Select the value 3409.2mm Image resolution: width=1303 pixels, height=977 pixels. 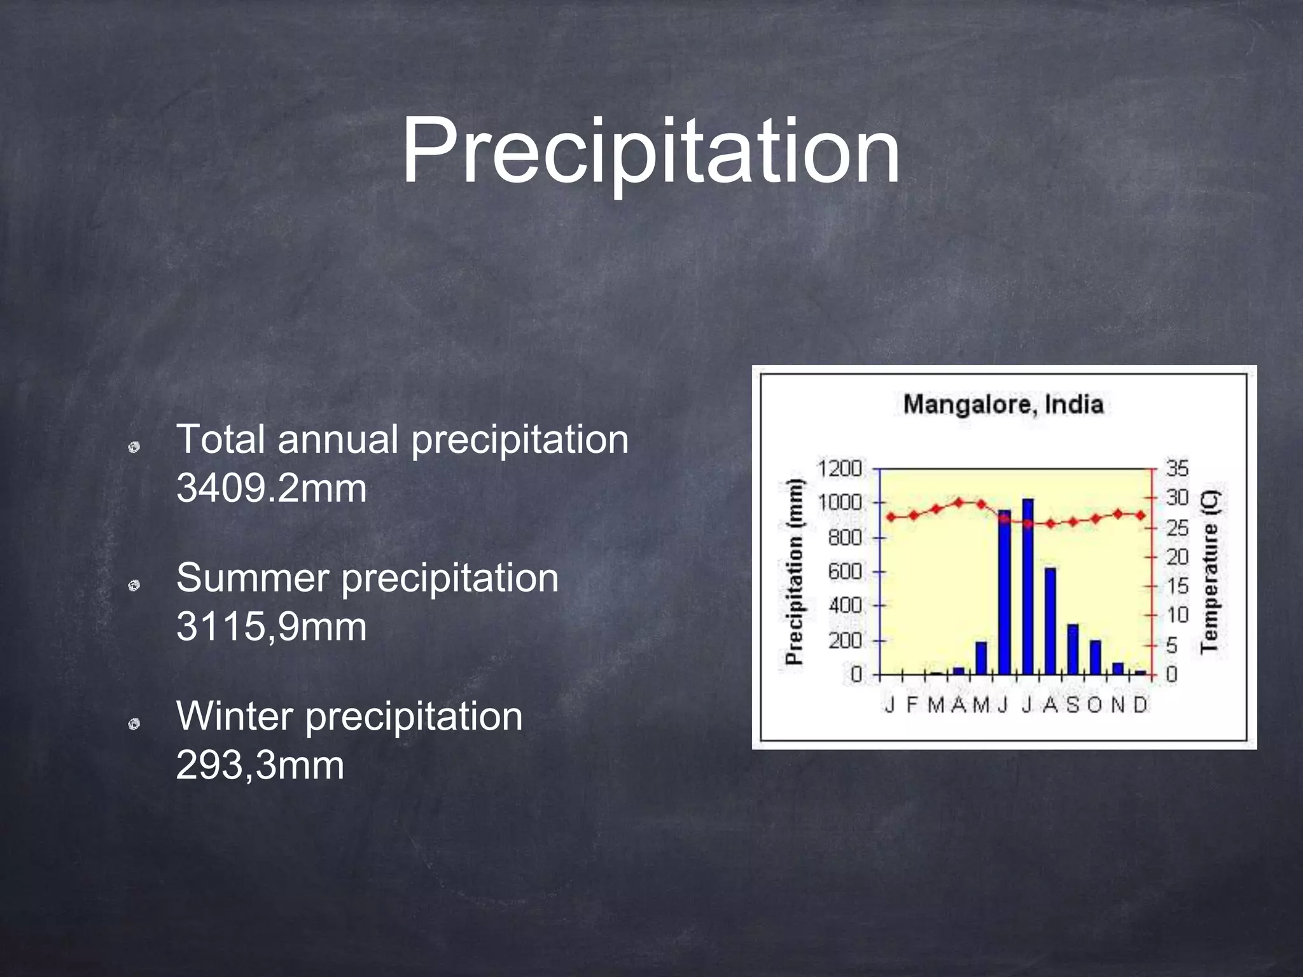pyautogui.click(x=272, y=488)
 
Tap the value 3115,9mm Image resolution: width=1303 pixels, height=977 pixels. pyautogui.click(x=272, y=627)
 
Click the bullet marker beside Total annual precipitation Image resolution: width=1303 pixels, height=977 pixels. pyautogui.click(x=134, y=448)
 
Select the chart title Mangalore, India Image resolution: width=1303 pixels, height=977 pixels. pyautogui.click(x=1003, y=405)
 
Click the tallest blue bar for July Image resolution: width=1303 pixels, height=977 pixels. pyautogui.click(x=1028, y=586)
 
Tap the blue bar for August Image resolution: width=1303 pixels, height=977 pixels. pyautogui.click(x=1050, y=621)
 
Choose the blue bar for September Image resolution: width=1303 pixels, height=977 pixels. pyautogui.click(x=1073, y=649)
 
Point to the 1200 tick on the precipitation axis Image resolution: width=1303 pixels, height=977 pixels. pyautogui.click(x=839, y=469)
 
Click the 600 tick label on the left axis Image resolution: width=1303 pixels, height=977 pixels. pyautogui.click(x=845, y=572)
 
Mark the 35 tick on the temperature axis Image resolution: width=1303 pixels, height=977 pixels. pyautogui.click(x=1177, y=469)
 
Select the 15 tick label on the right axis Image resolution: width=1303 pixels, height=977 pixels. pyautogui.click(x=1177, y=586)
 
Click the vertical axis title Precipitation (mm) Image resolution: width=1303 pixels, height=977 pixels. pyautogui.click(x=794, y=571)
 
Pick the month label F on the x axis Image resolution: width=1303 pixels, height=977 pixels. pyautogui.click(x=912, y=705)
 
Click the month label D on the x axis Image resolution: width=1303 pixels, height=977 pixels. pyautogui.click(x=1140, y=705)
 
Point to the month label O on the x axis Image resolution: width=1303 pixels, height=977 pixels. pyautogui.click(x=1094, y=705)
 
